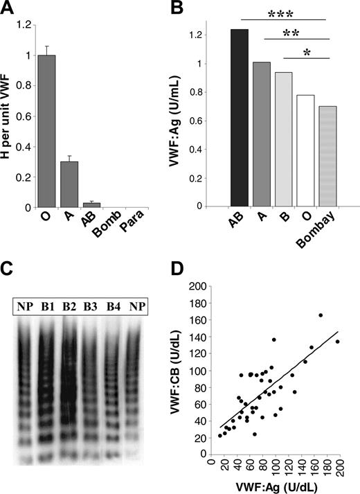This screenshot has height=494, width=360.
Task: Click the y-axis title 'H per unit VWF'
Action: (x=11, y=118)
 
